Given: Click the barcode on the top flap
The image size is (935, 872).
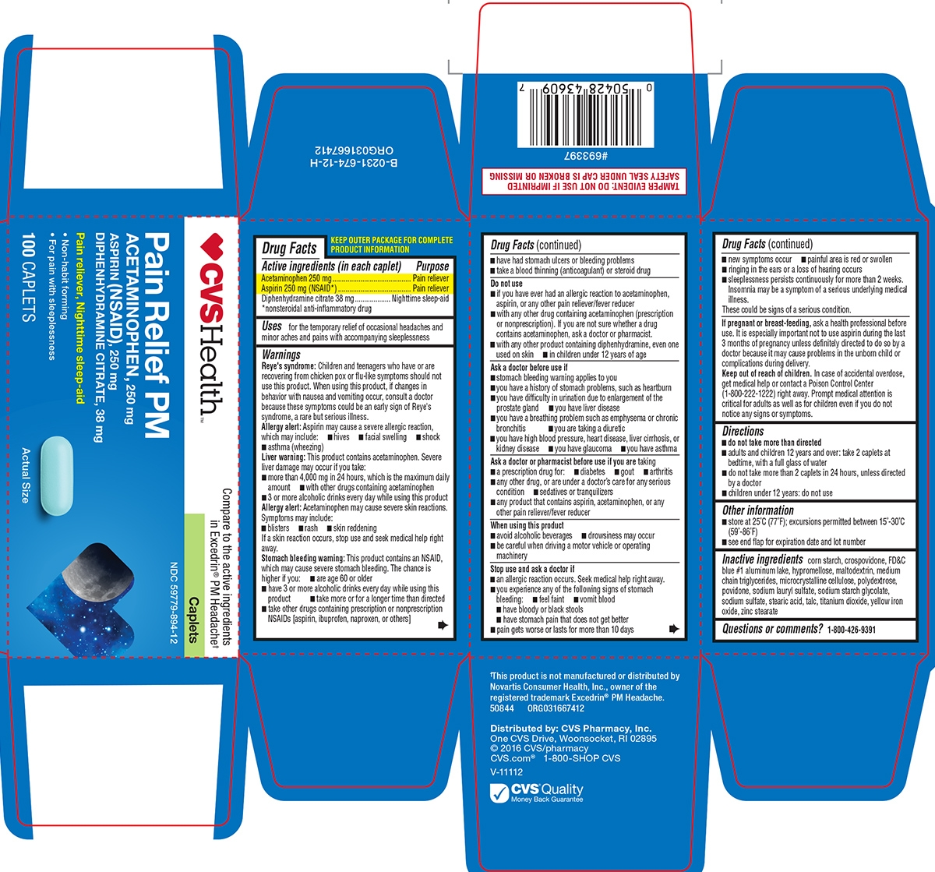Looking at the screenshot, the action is pos(585,115).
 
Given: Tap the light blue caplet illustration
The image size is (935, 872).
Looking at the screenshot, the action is pos(57,476).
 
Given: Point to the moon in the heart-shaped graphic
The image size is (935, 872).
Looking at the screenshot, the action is pos(97,572).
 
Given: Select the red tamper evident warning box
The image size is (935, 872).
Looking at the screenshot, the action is pos(584,182).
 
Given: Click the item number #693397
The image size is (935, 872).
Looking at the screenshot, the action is pos(585,155).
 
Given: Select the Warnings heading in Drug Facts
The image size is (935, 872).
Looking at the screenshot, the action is pos(281,355).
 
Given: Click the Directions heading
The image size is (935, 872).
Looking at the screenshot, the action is pos(743,431).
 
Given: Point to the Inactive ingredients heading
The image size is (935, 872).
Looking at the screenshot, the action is pos(762,560).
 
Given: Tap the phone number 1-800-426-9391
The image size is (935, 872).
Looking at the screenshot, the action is pos(851,630).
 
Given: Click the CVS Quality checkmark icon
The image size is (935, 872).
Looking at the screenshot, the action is pos(499,793).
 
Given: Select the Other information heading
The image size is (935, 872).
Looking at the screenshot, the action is pos(758,510).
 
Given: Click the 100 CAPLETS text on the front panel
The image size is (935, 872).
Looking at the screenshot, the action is pos(29,277).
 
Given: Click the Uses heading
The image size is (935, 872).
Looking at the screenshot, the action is pos(272,326).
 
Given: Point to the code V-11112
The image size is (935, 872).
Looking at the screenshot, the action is pos(506,772).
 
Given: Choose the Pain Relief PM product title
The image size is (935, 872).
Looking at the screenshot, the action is pos(157,335).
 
